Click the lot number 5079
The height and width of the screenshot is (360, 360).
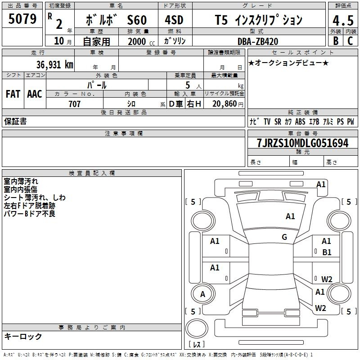click(x=22, y=19)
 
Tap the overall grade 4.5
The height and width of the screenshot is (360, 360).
click(x=343, y=20)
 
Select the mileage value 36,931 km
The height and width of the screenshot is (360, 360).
click(x=54, y=64)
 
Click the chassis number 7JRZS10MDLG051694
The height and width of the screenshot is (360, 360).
click(x=302, y=143)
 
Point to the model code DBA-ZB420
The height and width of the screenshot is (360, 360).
click(x=258, y=41)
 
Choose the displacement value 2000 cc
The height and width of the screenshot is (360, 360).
click(x=141, y=41)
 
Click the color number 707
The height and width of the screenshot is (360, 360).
click(x=74, y=104)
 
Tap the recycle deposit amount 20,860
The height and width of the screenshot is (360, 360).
click(x=224, y=104)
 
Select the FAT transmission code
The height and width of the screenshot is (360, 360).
click(x=13, y=94)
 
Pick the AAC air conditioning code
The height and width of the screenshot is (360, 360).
click(x=35, y=94)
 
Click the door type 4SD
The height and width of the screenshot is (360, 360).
click(x=174, y=20)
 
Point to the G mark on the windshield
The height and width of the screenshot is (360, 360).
click(x=284, y=237)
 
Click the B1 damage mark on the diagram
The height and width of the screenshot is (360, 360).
click(x=327, y=252)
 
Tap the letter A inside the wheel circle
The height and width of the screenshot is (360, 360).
click(x=202, y=294)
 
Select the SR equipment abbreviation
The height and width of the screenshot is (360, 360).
click(x=278, y=121)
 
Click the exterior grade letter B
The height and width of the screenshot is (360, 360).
click(x=336, y=40)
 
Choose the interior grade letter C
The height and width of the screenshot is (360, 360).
click(x=350, y=40)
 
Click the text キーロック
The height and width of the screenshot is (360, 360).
click(x=23, y=337)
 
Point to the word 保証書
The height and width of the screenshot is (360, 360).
click(x=15, y=121)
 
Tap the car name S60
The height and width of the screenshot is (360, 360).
click(x=137, y=20)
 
